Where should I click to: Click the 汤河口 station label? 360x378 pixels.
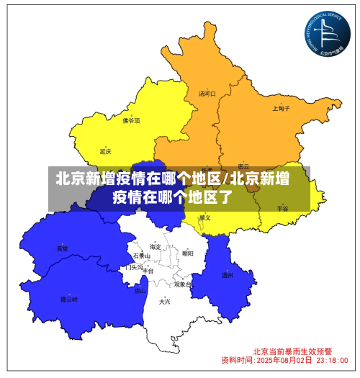point(207,94)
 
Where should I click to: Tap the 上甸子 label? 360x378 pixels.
point(282,109)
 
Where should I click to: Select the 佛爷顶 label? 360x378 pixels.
point(131,121)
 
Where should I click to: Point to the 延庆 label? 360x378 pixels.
point(106,152)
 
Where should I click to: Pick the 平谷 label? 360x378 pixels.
point(282,208)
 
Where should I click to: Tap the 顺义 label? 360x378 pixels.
point(205,217)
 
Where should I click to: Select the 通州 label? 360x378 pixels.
point(228,275)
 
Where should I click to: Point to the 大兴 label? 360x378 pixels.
point(165,302)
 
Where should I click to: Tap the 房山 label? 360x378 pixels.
point(140,292)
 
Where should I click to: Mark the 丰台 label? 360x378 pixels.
point(148,271)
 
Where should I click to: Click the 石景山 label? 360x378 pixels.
point(142,256)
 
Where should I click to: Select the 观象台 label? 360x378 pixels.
point(182,284)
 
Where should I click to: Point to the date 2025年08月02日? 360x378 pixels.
point(284,359)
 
